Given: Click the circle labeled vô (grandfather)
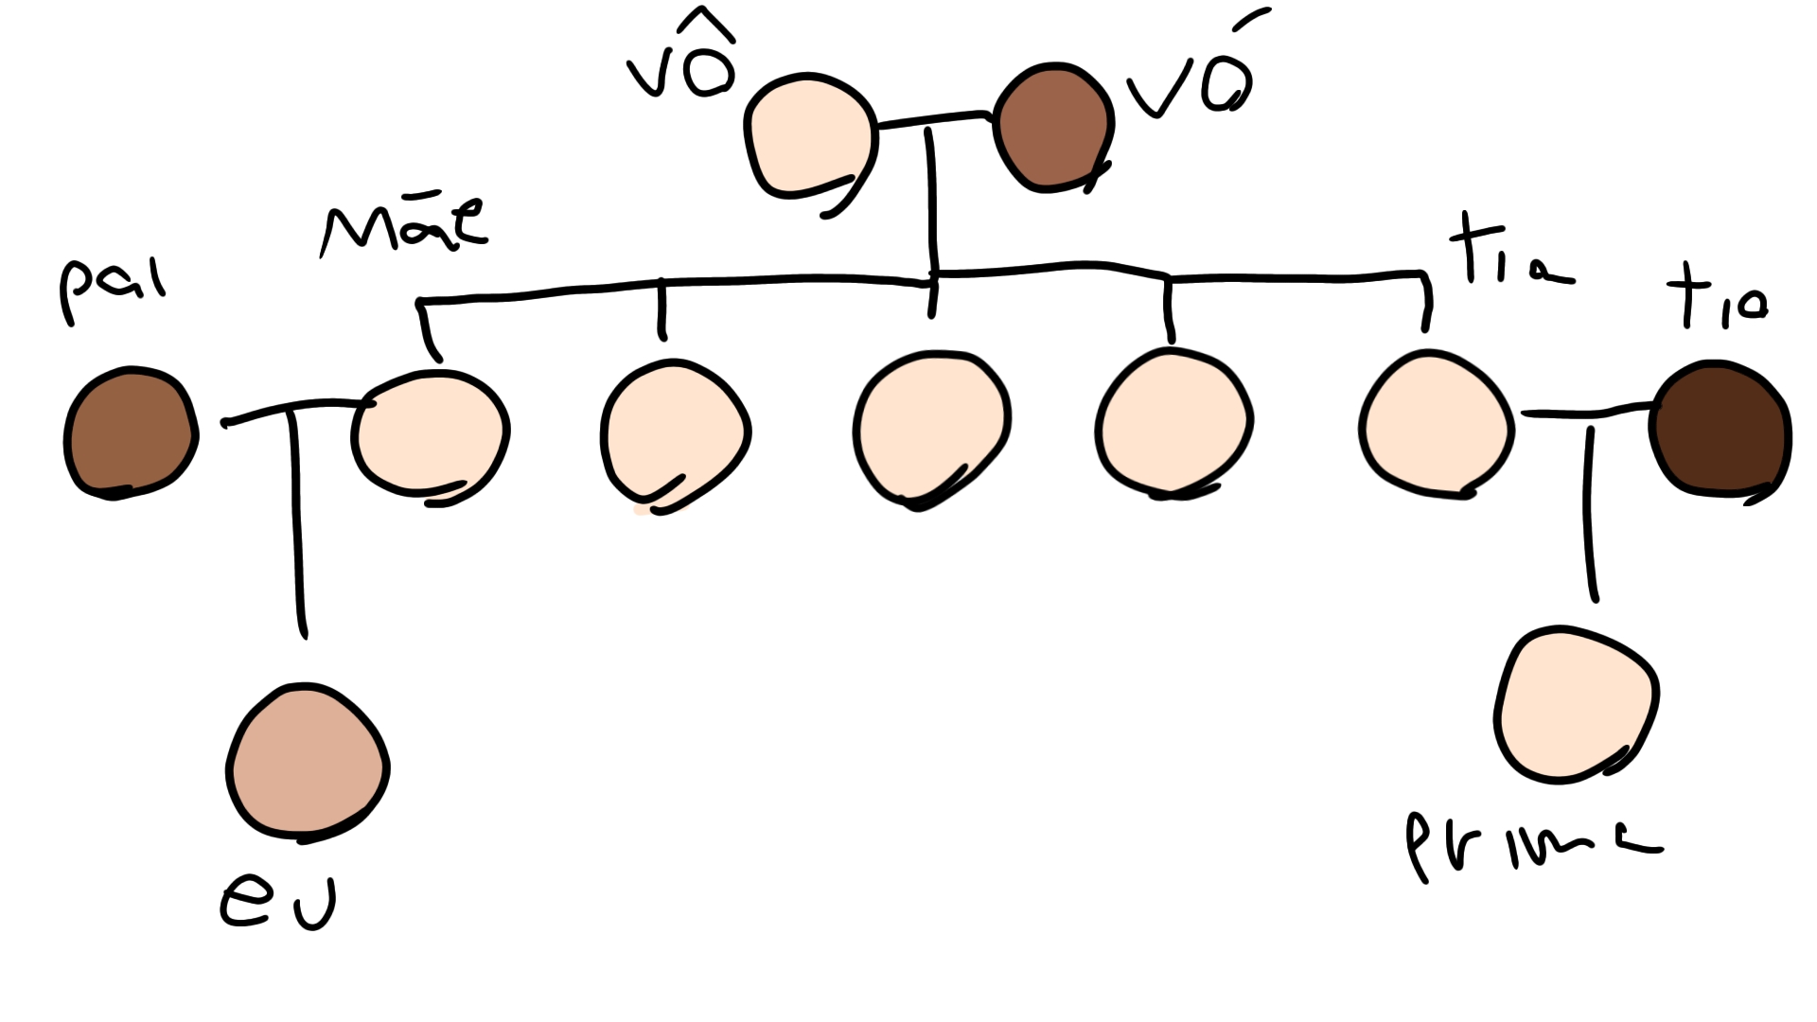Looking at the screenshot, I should pyautogui.click(x=809, y=137).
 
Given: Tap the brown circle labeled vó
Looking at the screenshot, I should pyautogui.click(x=1052, y=128).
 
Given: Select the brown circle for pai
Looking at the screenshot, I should pyautogui.click(x=131, y=432).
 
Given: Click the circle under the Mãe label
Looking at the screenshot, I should pyautogui.click(x=431, y=435).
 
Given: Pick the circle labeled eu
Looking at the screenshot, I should pyautogui.click(x=308, y=762).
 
